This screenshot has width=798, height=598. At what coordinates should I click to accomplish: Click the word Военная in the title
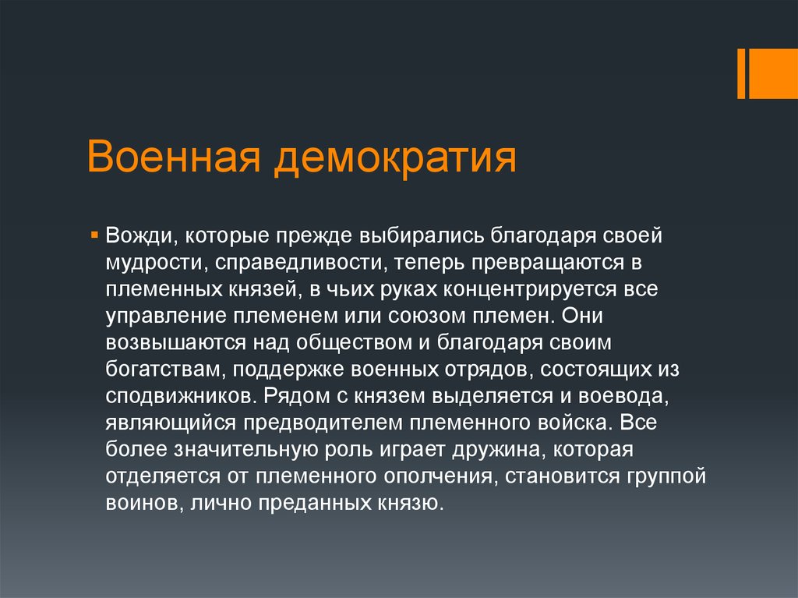point(174,157)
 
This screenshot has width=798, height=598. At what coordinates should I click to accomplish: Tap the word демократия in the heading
point(395,159)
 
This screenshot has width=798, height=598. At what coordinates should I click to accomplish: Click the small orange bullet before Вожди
point(94,235)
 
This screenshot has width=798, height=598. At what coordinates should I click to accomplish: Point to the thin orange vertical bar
point(741,74)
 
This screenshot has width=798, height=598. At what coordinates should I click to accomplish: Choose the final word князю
point(410,504)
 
